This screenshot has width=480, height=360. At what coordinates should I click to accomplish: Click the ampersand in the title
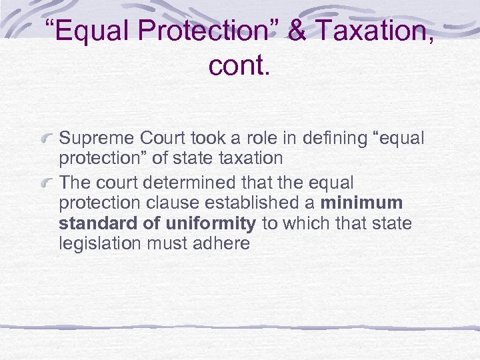point(296,31)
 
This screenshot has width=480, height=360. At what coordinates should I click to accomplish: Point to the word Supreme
point(97,139)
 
